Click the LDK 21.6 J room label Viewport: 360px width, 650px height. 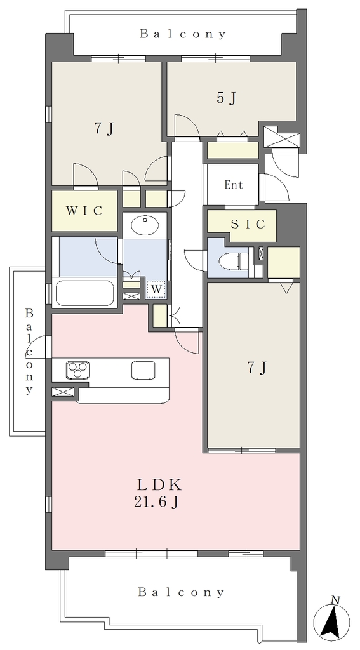pos(156,493)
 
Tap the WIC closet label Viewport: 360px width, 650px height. pos(84,211)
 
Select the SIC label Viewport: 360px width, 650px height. pos(248,224)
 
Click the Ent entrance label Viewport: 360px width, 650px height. pos(234,185)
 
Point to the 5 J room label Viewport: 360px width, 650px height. pos(227,98)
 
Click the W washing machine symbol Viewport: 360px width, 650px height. pos(156,289)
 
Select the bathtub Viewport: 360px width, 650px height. pos(85,293)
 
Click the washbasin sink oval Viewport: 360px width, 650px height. pos(145,226)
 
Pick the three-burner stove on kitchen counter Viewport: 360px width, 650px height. pos(77,370)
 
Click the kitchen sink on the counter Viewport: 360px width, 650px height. pos(143,370)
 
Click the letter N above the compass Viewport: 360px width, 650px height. pos(335,599)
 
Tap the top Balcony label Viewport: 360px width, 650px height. pos(183,34)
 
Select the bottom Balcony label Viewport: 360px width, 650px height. pos(181,592)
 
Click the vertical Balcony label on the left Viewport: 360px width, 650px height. pos(29,351)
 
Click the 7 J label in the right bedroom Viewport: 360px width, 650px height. pos(257,368)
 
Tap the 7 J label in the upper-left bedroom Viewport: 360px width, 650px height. pos(103,128)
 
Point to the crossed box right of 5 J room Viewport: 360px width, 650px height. pos(282,136)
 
